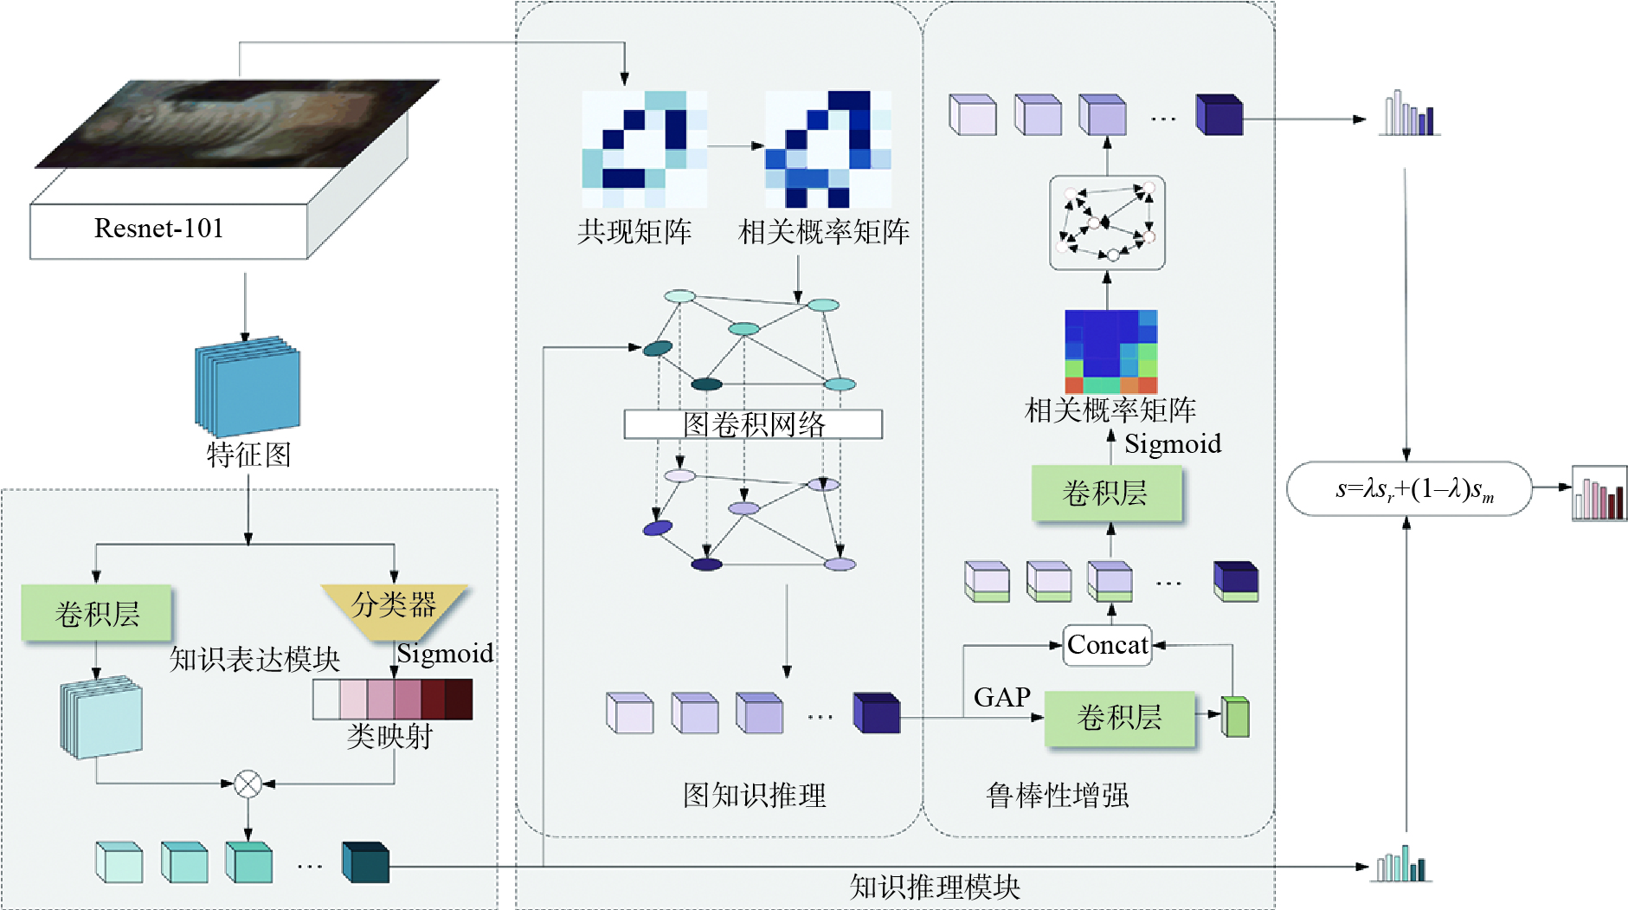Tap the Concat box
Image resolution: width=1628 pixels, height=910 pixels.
pyautogui.click(x=1107, y=645)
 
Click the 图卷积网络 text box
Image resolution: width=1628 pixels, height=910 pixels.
pyautogui.click(x=753, y=424)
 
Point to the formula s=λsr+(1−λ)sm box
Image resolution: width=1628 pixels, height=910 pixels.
pyautogui.click(x=1409, y=489)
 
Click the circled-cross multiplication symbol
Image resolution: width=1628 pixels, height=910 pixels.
pyautogui.click(x=248, y=784)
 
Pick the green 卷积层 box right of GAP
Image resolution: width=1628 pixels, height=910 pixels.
pyautogui.click(x=1119, y=718)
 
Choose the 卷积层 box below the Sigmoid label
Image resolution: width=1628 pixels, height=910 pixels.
pyautogui.click(x=1105, y=494)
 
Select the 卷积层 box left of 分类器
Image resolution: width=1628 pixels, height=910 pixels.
pyautogui.click(x=97, y=614)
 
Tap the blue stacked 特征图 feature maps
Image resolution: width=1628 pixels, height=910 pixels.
pyautogui.click(x=248, y=386)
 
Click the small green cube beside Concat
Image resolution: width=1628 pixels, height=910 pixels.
pyautogui.click(x=1236, y=717)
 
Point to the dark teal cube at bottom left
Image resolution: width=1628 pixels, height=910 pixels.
pyautogui.click(x=365, y=862)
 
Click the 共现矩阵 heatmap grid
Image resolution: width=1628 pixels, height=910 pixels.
pyautogui.click(x=644, y=149)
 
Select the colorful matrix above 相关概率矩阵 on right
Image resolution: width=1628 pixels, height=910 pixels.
pyautogui.click(x=1110, y=352)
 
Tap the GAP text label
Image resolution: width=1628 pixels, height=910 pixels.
pyautogui.click(x=1001, y=698)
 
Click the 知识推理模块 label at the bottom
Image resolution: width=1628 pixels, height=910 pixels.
pyautogui.click(x=935, y=887)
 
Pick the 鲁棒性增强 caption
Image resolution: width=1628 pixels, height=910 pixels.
pyautogui.click(x=1057, y=795)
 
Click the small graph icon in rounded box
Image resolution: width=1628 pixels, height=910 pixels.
pyautogui.click(x=1107, y=223)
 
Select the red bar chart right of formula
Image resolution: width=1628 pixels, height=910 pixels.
pyautogui.click(x=1599, y=495)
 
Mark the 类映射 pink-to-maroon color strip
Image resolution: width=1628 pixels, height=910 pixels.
pyautogui.click(x=393, y=700)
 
